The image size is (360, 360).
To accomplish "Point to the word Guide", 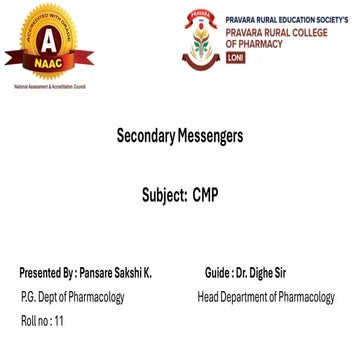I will point(214,272).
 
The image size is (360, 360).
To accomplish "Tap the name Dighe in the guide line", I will point(262,272).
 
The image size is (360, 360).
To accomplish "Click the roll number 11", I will point(58,322).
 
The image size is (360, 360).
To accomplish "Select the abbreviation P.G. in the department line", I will point(30,297).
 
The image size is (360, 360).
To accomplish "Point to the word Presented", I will point(40,272).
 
